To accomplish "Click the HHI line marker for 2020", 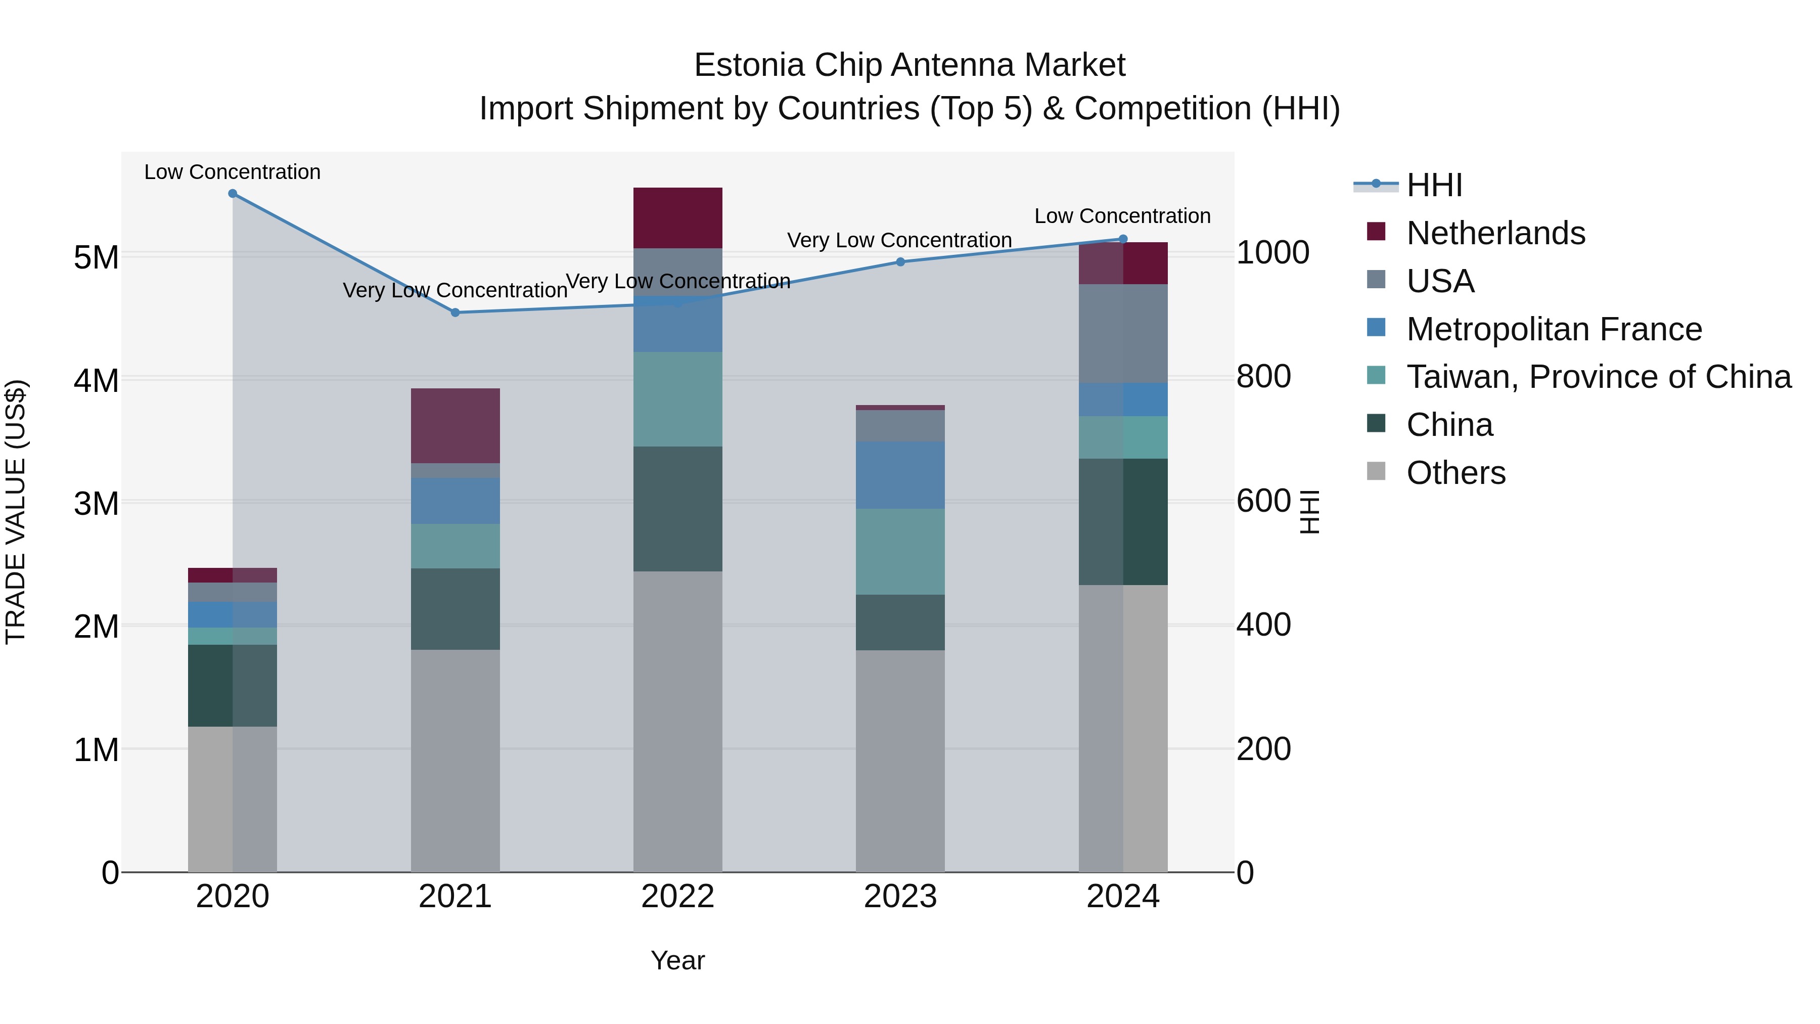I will (233, 194).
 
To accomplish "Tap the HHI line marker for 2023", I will (900, 262).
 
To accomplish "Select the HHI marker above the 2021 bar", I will (455, 313).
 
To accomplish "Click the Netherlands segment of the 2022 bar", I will (677, 217).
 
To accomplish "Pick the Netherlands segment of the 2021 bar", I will (455, 425).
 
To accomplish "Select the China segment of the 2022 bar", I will (677, 509).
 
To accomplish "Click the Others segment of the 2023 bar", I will (900, 761).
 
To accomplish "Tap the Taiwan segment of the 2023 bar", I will (900, 551).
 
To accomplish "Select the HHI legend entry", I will (1434, 185).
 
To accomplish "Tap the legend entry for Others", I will (1455, 473).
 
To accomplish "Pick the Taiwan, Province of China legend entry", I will (1598, 377).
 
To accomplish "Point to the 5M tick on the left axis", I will (96, 257).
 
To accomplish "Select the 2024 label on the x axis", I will (1123, 897).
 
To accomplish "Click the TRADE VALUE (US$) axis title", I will (16, 512).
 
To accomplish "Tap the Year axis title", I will (677, 960).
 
